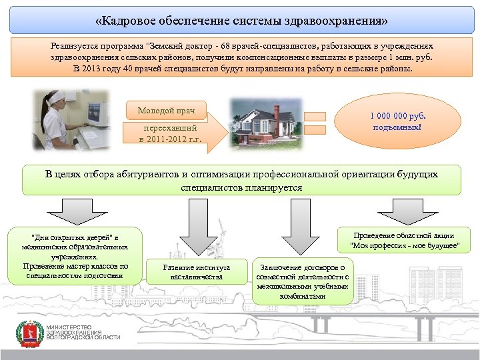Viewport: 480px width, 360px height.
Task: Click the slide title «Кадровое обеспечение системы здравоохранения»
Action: point(241,20)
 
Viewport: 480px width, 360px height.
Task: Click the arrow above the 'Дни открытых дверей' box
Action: point(76,212)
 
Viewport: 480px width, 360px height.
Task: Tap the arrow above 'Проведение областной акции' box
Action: point(404,212)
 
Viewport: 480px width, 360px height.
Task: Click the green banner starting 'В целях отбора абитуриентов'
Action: point(241,181)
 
